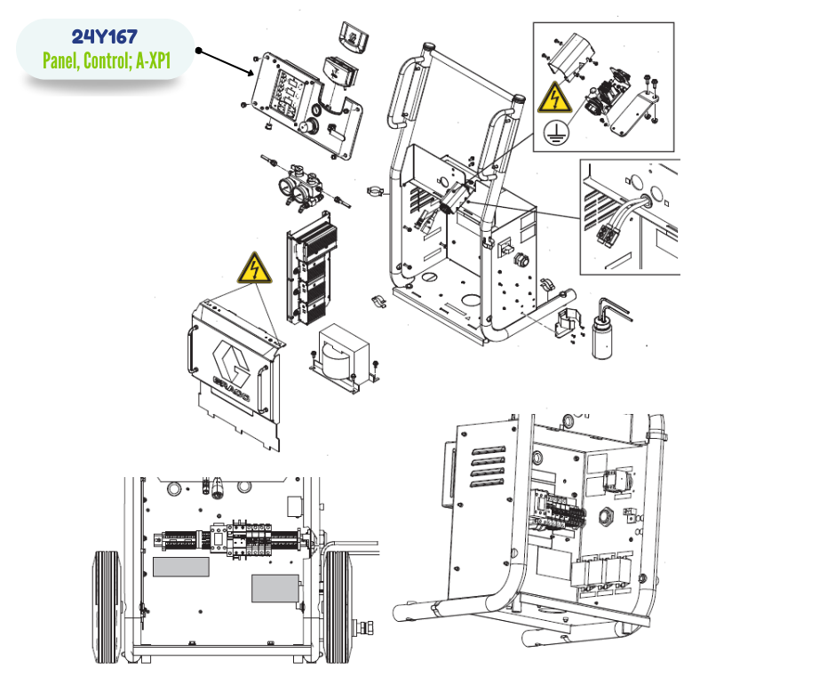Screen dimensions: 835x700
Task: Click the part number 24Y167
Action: coord(105,36)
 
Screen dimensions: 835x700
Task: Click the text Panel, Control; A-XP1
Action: coord(107,60)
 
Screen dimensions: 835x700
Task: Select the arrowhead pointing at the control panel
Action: coord(250,72)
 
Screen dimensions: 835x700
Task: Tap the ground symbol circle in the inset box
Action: coord(555,131)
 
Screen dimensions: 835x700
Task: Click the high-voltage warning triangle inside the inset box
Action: coord(554,98)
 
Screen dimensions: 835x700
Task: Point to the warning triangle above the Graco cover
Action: coord(255,268)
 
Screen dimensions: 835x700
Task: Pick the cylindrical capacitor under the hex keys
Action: coord(602,338)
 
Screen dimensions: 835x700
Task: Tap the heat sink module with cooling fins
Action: coord(312,269)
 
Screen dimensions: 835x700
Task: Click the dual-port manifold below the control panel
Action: coord(301,187)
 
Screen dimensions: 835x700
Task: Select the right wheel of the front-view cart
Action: coord(338,607)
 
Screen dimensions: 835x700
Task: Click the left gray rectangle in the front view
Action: coord(181,567)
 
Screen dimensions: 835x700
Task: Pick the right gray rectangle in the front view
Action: coord(274,588)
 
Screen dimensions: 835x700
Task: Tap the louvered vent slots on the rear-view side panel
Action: coord(488,466)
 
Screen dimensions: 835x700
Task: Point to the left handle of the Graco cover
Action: coord(191,349)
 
